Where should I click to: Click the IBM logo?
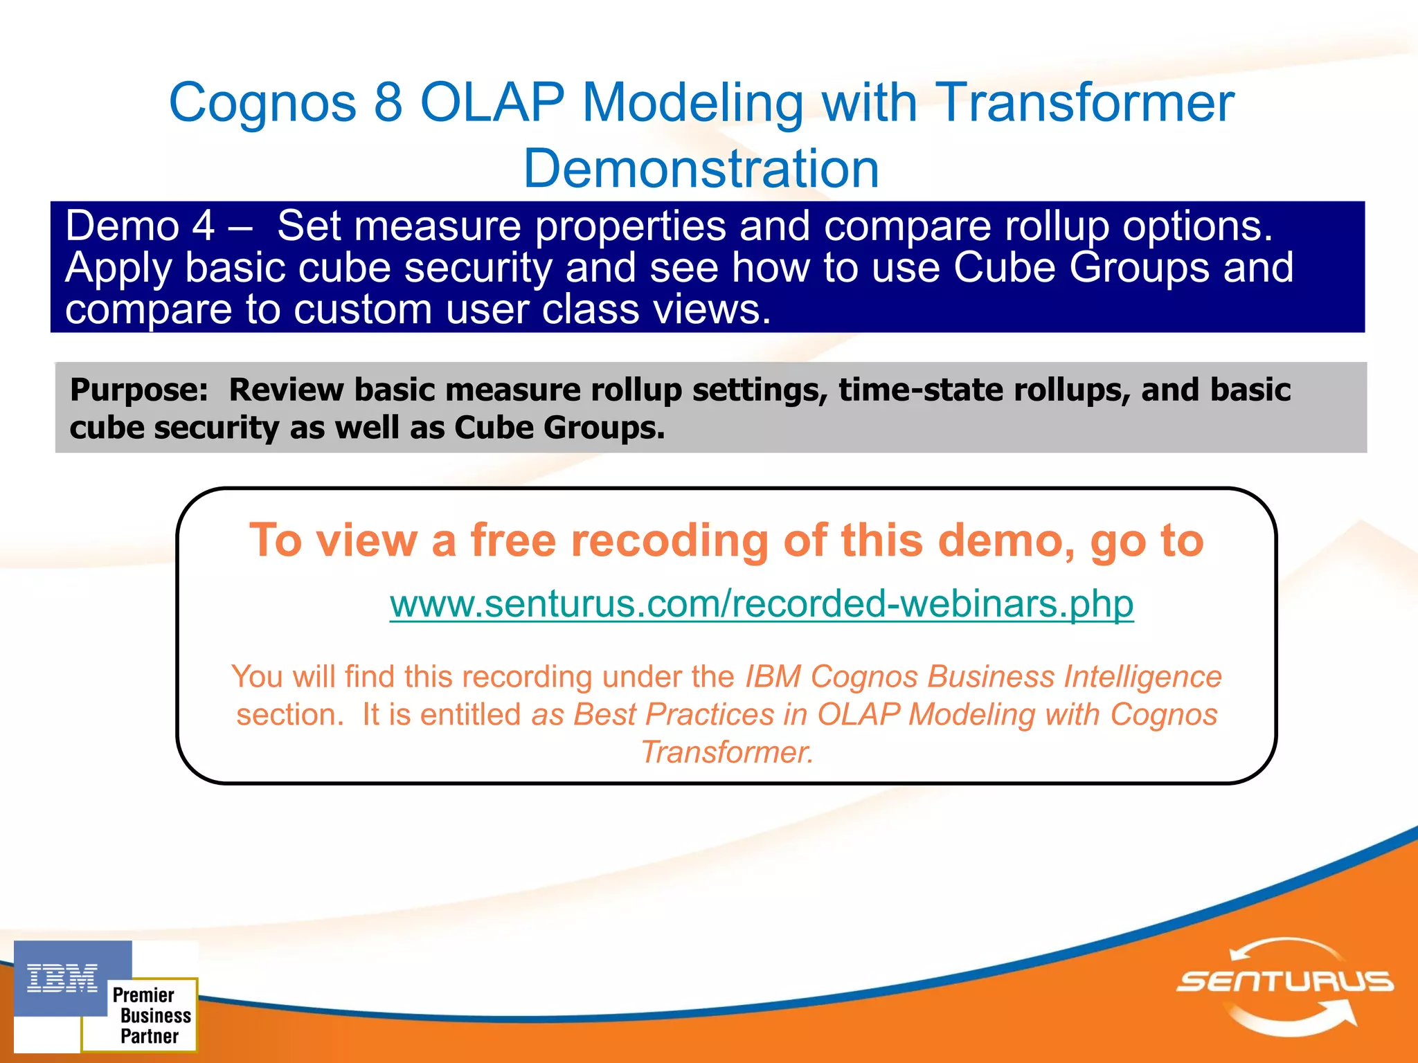[x=62, y=978]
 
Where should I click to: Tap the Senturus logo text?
[x=1285, y=981]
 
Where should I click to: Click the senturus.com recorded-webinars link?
[x=761, y=603]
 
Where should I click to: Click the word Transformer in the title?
[x=1085, y=102]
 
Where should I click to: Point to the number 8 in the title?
[x=388, y=102]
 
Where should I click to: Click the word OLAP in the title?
[x=492, y=102]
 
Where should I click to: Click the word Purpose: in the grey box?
[x=138, y=390]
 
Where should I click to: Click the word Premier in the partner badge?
[x=143, y=994]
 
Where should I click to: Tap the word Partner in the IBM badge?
[x=150, y=1036]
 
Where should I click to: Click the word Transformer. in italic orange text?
[x=727, y=752]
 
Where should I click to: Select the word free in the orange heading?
[x=513, y=540]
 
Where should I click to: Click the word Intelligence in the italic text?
[x=1142, y=676]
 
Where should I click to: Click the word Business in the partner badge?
[x=156, y=1015]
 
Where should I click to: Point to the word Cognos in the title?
[x=262, y=102]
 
